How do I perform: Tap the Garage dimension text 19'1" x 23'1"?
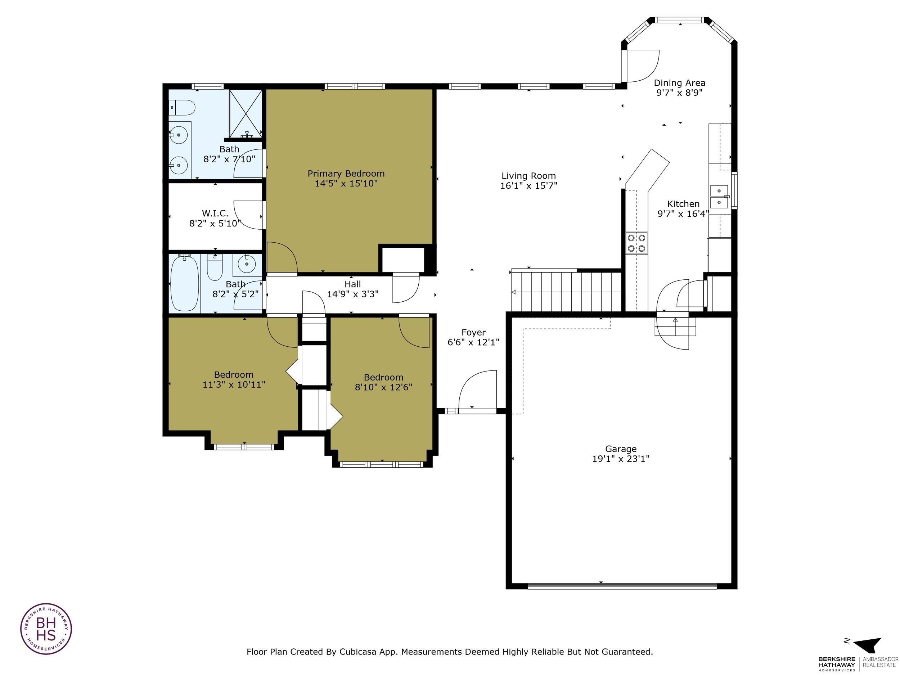pos(621,459)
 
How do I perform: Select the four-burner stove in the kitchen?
pos(636,243)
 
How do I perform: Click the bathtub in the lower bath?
pos(185,283)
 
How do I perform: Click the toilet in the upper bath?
pos(183,108)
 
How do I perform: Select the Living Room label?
pos(528,176)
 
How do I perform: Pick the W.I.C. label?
pos(215,213)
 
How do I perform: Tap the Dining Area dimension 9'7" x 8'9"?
pos(679,93)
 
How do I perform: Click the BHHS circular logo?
pos(46,629)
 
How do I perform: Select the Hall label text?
pos(352,284)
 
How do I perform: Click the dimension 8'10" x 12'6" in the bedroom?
pos(383,387)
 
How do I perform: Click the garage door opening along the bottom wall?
pos(622,586)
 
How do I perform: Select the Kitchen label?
pos(683,204)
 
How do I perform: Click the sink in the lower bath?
pos(246,264)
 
